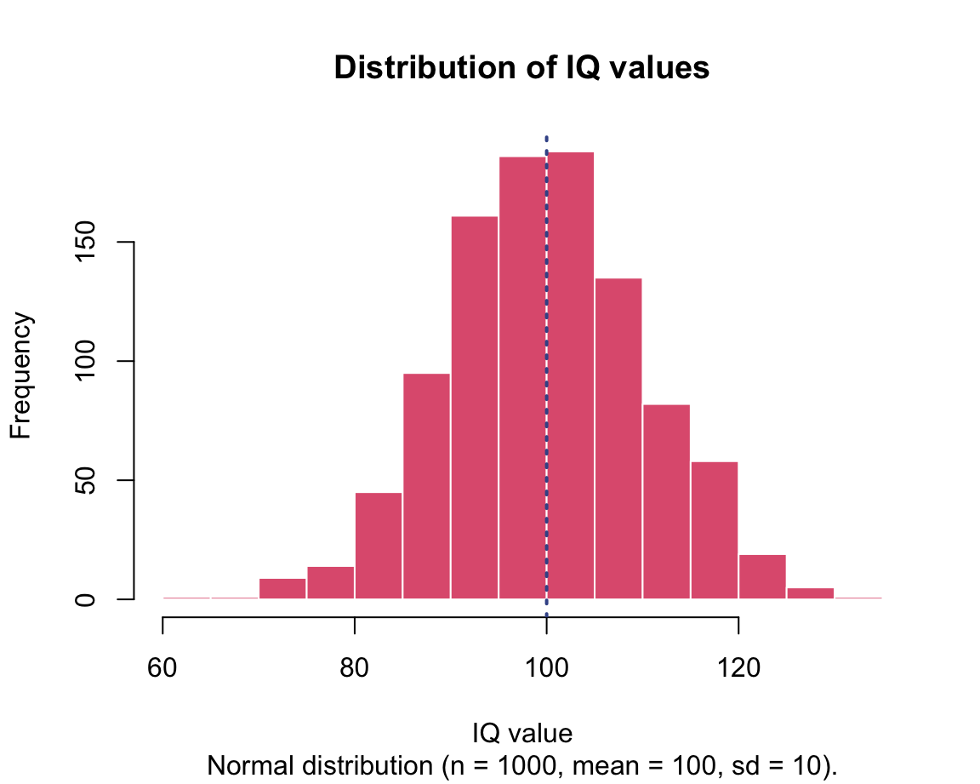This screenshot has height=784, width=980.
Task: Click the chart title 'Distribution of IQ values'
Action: [521, 67]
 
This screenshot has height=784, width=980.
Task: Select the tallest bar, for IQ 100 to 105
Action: [570, 375]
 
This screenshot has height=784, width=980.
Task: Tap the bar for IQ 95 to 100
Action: [522, 378]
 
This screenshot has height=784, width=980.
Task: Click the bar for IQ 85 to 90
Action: [426, 485]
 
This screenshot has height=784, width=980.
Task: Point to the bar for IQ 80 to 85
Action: [378, 545]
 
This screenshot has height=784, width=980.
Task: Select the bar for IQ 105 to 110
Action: [618, 438]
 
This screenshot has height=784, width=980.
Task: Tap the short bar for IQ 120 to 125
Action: [762, 576]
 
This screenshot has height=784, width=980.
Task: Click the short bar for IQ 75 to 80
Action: [330, 582]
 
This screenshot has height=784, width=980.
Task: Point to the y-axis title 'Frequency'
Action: [21, 375]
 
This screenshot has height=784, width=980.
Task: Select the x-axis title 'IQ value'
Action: [521, 733]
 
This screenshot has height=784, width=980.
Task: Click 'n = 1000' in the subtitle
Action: [495, 765]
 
